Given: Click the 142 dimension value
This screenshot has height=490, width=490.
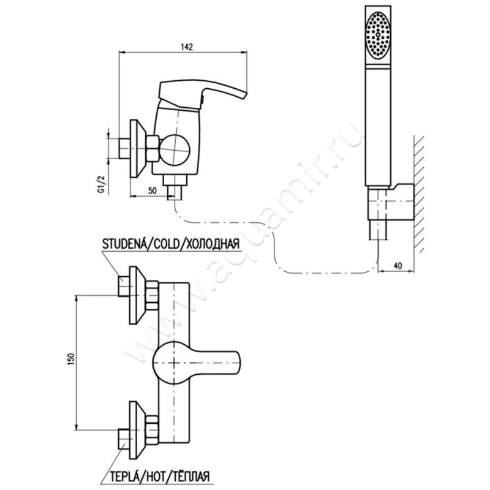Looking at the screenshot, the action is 187,47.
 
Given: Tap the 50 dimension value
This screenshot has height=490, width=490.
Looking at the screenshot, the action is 152,190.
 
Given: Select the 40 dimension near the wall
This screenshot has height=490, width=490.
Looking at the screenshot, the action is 398,266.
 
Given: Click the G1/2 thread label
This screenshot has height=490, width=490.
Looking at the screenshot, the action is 101,184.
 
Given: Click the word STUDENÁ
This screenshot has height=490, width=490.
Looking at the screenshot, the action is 124,244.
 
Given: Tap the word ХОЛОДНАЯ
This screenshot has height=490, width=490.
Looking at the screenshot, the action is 212,244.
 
